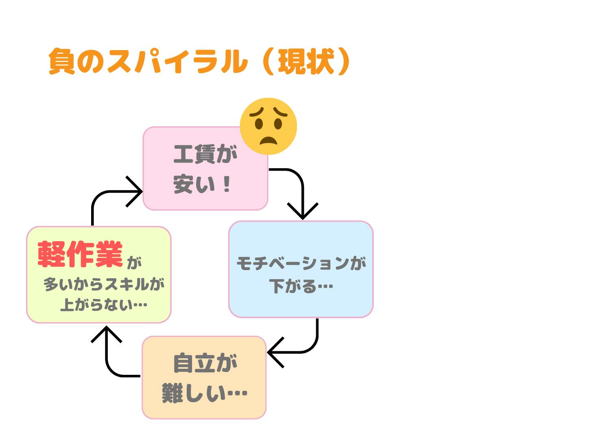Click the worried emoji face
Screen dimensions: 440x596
pos(268,126)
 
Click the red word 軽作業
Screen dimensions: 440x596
pos(80,254)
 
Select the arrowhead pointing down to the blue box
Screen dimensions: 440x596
pos(303,211)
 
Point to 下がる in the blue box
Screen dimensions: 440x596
pos(293,286)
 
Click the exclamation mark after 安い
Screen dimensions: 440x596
pos(227,185)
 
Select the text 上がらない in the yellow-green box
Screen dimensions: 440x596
pos(96,305)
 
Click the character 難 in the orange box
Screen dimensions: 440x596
pos(172,394)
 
